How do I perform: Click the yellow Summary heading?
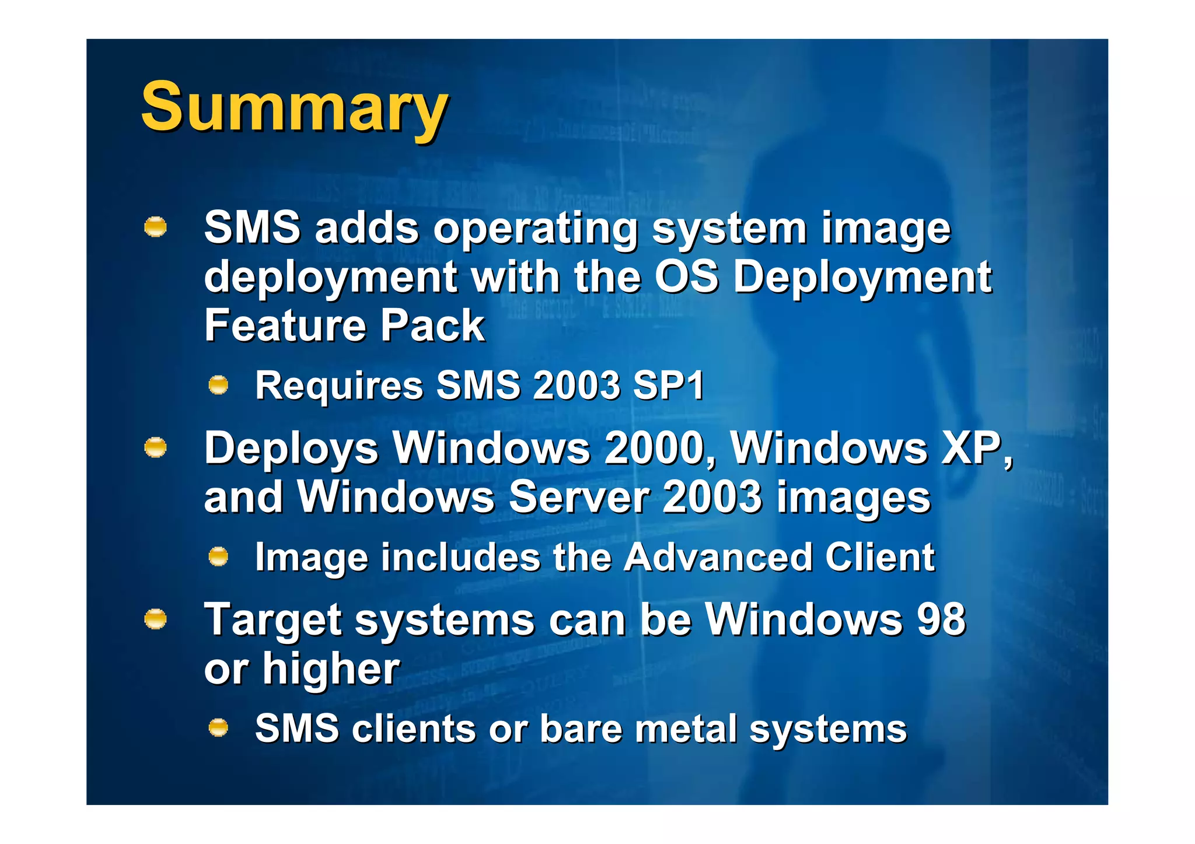point(295,108)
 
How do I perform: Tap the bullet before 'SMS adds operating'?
point(155,227)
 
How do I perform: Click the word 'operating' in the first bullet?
point(535,229)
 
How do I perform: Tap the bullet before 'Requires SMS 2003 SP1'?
point(218,385)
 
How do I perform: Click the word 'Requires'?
point(339,386)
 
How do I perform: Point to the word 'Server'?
point(578,498)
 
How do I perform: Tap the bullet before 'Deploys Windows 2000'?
point(155,448)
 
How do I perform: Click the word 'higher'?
point(331,669)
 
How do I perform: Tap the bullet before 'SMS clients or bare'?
point(218,727)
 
